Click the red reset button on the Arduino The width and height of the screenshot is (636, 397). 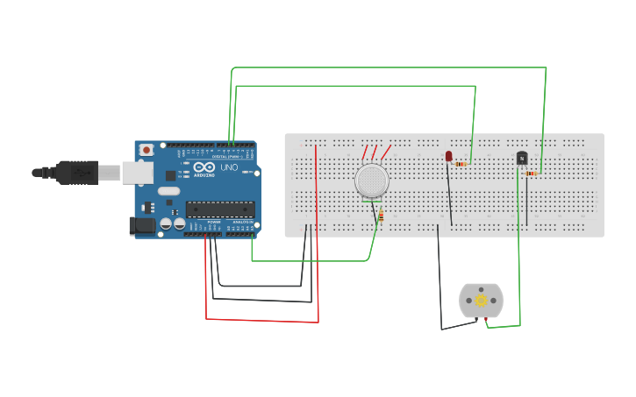(146, 150)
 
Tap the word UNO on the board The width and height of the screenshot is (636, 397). (229, 167)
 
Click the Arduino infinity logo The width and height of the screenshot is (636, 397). (204, 167)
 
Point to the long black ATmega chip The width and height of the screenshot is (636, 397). (220, 209)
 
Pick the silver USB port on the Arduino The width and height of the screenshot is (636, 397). (137, 173)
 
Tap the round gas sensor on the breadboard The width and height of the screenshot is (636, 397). (372, 181)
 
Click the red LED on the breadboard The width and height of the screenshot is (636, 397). (448, 156)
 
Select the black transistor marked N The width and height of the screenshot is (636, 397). (522, 158)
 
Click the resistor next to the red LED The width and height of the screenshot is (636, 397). (461, 164)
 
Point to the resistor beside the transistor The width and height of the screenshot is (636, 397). (531, 174)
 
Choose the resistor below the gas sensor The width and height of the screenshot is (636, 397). (381, 216)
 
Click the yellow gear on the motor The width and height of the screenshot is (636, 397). (481, 301)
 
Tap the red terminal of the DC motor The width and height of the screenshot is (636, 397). (485, 319)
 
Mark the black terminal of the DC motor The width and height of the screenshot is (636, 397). (477, 319)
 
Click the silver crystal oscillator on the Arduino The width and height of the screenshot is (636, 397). (169, 191)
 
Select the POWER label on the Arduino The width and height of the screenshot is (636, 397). (214, 222)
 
